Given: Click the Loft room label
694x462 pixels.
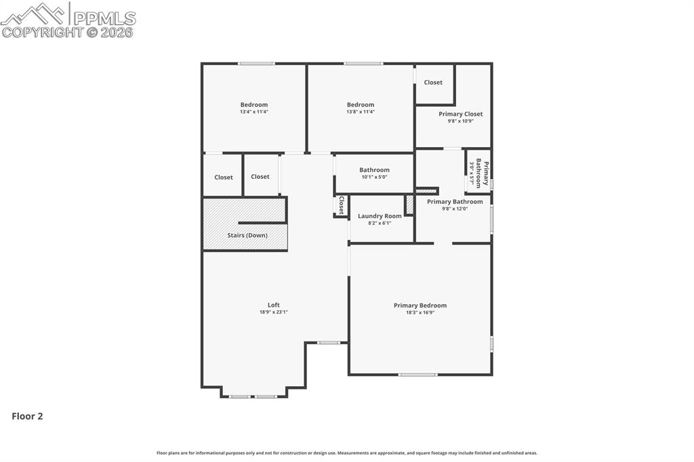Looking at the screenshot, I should [x=273, y=305].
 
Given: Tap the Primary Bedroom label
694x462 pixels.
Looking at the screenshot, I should [x=420, y=306].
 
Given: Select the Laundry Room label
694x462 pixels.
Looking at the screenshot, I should [x=380, y=216].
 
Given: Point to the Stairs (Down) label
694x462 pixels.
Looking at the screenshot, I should [x=247, y=235].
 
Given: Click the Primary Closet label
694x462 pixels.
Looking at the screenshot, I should [x=460, y=114].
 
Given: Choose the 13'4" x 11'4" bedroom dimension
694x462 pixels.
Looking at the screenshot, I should [x=253, y=112].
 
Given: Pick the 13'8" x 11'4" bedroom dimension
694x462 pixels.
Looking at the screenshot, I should [x=360, y=112].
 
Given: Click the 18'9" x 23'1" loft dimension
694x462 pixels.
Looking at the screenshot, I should [x=273, y=312].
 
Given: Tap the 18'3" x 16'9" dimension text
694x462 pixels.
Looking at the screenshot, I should [x=420, y=313].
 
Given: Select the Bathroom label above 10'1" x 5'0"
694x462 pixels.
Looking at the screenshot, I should [x=374, y=170].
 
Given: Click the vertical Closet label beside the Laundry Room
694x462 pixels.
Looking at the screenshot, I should [x=341, y=205].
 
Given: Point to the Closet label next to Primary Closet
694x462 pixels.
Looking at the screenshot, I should [x=433, y=83].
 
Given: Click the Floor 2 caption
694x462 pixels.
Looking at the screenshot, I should [x=27, y=417].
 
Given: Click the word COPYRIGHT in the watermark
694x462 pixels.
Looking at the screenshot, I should [x=42, y=32].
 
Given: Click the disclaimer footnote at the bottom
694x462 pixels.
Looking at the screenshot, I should [x=347, y=453].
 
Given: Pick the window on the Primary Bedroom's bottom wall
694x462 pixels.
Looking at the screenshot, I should [x=417, y=375].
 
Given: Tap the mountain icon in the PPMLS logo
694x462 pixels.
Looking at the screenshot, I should [x=34, y=14].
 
